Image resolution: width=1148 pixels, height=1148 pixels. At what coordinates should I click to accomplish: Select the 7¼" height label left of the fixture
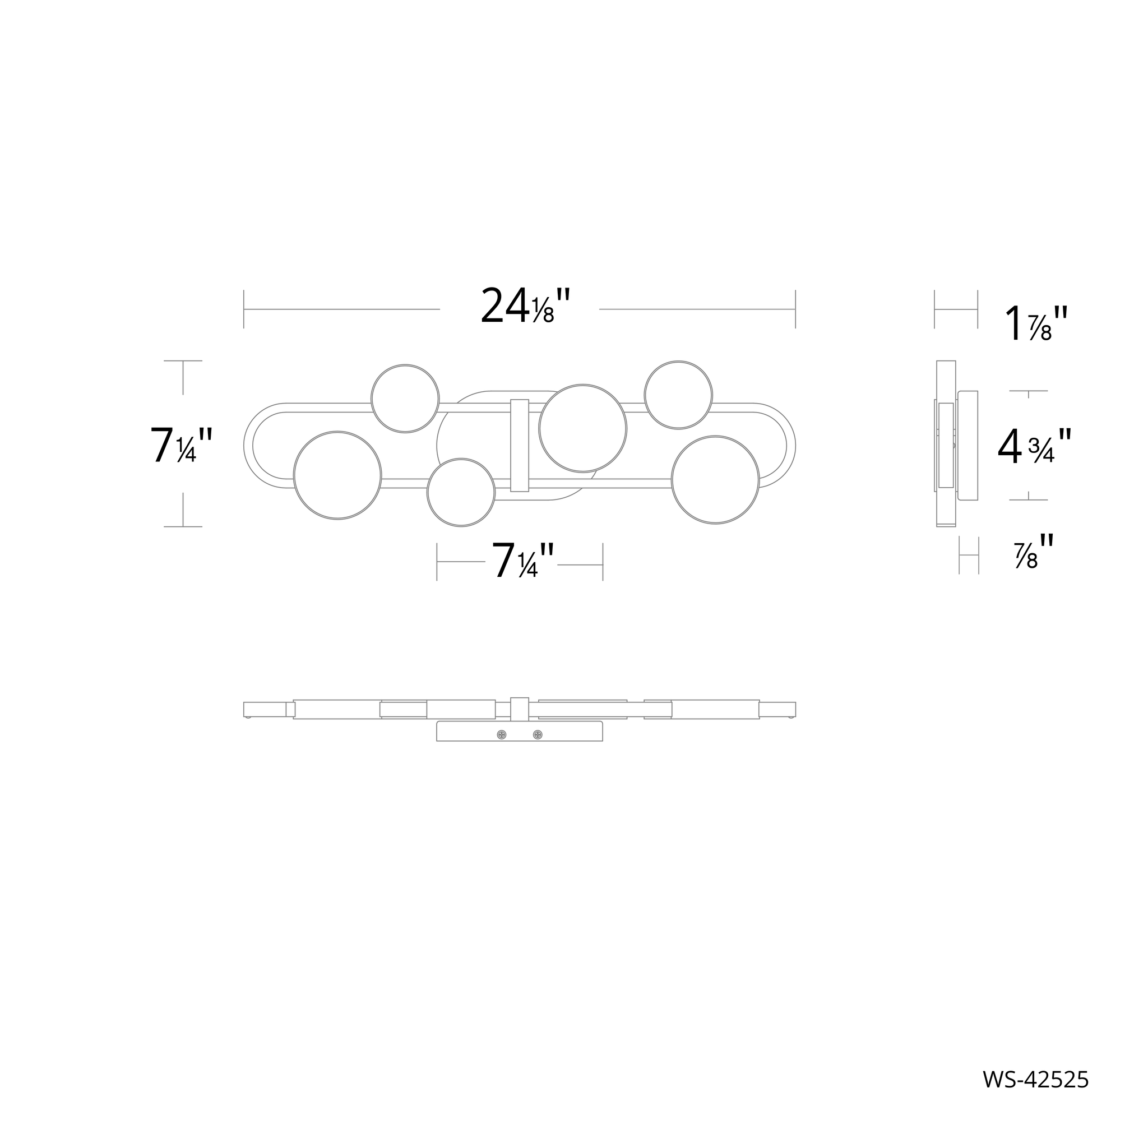[x=181, y=446]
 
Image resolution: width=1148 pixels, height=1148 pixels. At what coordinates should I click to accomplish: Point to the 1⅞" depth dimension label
[x=1036, y=324]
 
